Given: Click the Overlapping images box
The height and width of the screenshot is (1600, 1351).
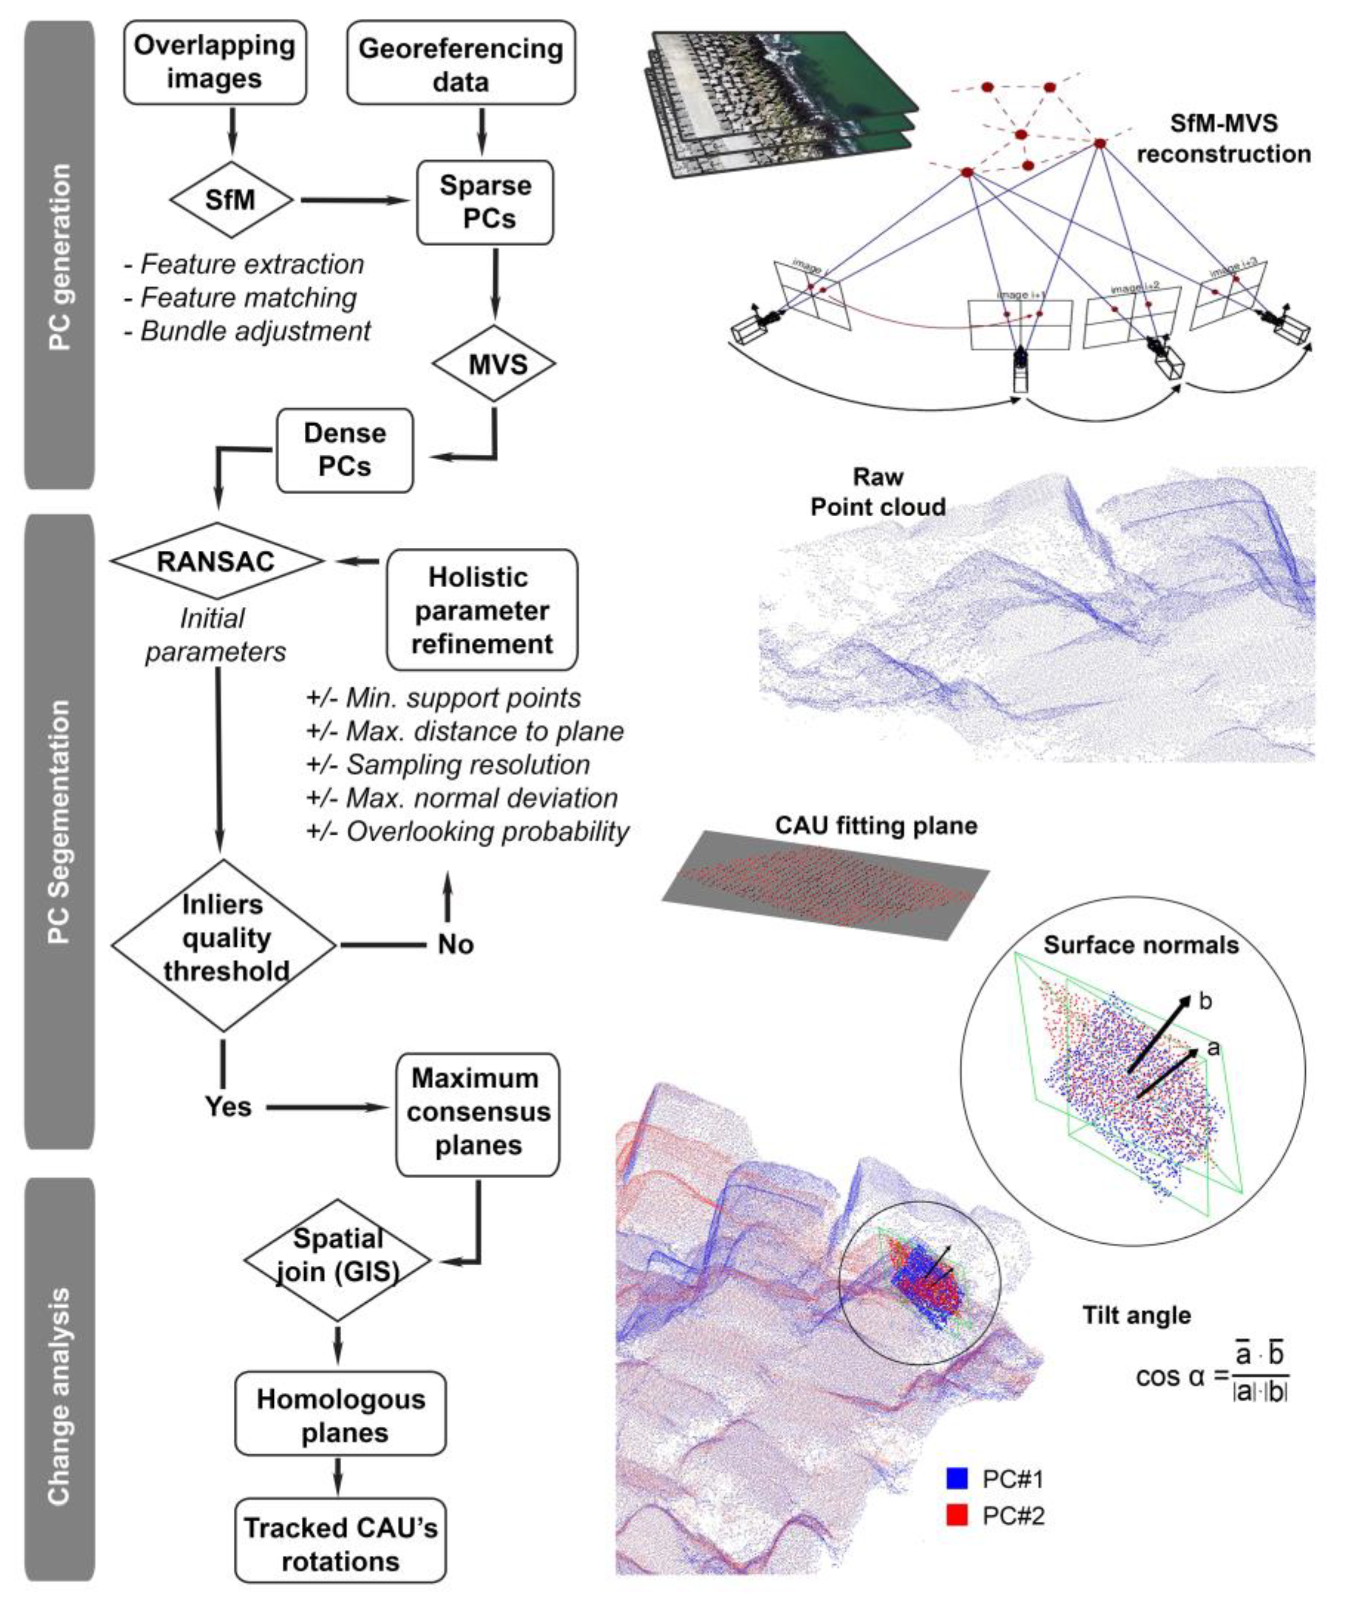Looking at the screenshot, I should point(215,62).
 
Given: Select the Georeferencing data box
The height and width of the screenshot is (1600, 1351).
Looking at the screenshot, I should point(460,63).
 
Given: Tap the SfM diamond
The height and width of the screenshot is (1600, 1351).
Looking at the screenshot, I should point(230,200).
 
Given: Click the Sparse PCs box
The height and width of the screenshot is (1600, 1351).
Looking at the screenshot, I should point(485,202).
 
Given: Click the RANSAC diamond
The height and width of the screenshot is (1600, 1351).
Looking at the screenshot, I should point(216,561).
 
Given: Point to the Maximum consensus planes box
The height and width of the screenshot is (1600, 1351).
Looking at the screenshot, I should point(478,1112).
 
